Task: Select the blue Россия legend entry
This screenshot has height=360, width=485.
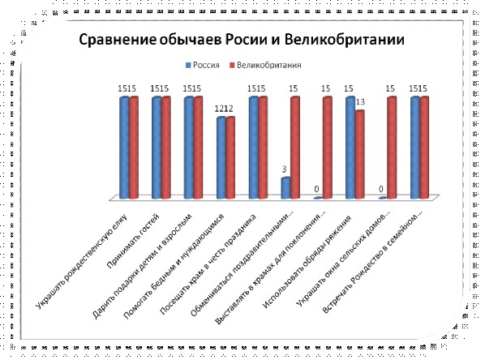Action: (x=202, y=65)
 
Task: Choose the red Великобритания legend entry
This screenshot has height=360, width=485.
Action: (x=264, y=65)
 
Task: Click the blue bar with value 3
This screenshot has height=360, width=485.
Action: (x=285, y=188)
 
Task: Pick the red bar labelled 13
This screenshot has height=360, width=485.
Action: (x=360, y=154)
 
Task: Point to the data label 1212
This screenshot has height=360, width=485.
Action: (x=224, y=109)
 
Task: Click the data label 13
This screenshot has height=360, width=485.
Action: (x=360, y=101)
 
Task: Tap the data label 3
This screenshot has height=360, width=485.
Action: (x=284, y=169)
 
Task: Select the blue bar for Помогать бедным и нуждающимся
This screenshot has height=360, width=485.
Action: (x=221, y=158)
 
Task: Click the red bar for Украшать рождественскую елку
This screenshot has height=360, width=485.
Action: (x=134, y=148)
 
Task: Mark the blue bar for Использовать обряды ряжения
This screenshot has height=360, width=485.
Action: (x=350, y=148)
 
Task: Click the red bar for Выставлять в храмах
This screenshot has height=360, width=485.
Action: (x=327, y=148)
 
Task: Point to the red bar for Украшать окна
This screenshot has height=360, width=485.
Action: (x=392, y=148)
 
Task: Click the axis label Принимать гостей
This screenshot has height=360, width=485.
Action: (x=133, y=241)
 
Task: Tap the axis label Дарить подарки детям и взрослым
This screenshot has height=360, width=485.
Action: (x=142, y=266)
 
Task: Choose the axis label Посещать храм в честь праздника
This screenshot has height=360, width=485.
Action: (x=208, y=264)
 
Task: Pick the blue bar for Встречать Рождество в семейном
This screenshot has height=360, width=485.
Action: (x=415, y=148)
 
